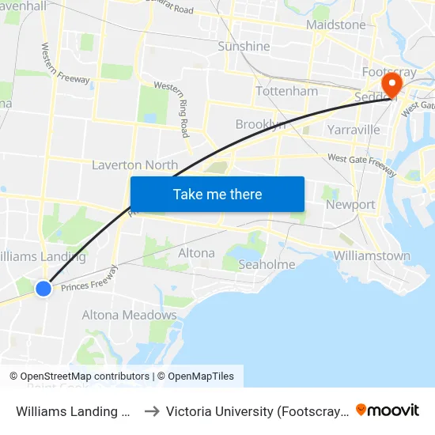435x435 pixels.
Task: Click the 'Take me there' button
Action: pos(217,194)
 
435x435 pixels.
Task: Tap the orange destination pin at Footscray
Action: pos(391,85)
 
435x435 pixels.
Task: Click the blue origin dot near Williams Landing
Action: pos(43,289)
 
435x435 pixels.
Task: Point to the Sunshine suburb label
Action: pos(244,47)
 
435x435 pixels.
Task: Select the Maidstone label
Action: pos(335,25)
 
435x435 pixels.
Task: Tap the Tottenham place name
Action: pos(286,91)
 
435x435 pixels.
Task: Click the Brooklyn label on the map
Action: pos(260,124)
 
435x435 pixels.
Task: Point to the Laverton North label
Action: pos(134,165)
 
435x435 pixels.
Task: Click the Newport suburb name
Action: pos(350,205)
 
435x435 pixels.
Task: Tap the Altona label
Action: pos(196,253)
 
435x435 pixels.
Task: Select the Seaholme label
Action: pos(267,264)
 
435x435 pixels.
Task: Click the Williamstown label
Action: pos(372,255)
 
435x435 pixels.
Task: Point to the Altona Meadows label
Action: pos(130,315)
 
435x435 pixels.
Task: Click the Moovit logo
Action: pos(388,410)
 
